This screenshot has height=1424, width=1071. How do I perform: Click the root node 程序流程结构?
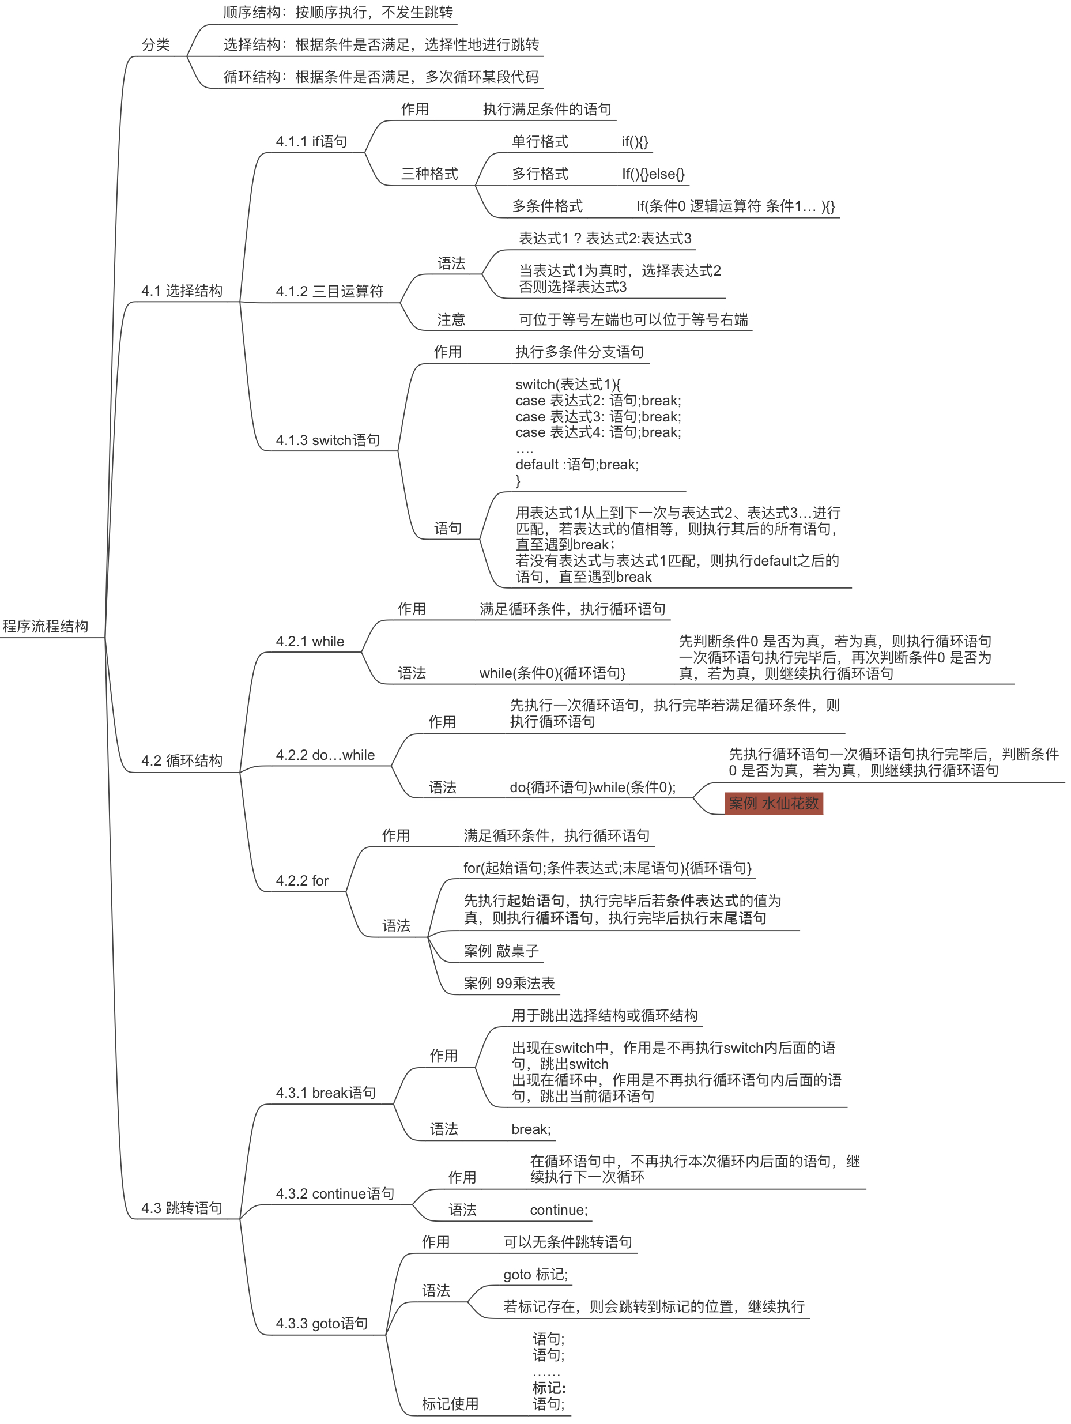coord(45,626)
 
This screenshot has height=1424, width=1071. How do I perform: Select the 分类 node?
coord(156,45)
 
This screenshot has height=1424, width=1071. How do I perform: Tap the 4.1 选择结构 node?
coord(182,291)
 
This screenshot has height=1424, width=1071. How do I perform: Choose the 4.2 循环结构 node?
coord(182,761)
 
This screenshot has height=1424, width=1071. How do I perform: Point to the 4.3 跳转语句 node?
coord(182,1208)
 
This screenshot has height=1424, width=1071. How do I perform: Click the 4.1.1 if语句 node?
coord(311,142)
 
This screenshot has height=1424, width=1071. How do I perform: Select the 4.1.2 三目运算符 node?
coord(330,292)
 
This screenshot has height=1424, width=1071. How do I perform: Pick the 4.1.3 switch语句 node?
coord(327,440)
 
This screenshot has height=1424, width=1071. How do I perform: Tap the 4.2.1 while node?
coord(310,642)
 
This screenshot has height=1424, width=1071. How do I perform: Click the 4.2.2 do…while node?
coord(325,755)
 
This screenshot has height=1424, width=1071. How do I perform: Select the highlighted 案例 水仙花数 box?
coord(774,804)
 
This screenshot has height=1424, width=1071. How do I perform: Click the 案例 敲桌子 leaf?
coord(501,951)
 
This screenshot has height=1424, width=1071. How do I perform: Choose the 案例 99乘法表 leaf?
coord(509,983)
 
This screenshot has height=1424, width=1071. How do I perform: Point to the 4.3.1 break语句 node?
coord(326,1093)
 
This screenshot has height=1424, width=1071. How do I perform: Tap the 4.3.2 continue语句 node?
coord(335,1194)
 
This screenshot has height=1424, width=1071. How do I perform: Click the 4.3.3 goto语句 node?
coord(322,1324)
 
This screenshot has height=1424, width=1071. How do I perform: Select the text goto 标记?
coord(535,1275)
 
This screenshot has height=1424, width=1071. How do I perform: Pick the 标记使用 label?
coord(450,1404)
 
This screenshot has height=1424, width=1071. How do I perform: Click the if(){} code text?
coord(635,142)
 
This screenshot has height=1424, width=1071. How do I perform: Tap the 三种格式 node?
coord(429,174)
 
